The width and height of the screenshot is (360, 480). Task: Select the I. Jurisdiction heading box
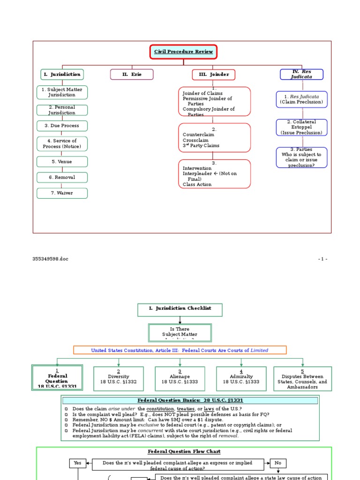62,74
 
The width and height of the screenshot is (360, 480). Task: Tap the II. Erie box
132,75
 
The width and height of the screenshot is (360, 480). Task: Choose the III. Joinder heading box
213,75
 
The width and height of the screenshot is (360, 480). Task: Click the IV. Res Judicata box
301,74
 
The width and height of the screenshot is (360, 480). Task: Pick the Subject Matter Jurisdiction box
62,92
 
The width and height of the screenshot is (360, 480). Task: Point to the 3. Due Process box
62,126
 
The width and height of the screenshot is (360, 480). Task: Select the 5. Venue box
62,162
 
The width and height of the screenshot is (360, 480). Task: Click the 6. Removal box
62,177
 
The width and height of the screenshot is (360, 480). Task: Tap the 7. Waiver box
62,193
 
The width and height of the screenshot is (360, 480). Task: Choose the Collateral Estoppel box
301,127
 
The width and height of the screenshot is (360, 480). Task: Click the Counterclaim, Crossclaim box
214,137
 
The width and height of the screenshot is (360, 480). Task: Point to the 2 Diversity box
119,379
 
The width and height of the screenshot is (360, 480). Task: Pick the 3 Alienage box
180,379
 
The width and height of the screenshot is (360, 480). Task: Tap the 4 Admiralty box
241,379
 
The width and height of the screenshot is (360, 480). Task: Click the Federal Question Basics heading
190,400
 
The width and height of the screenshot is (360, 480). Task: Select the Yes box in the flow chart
77,463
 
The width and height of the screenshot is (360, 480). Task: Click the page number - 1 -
322,259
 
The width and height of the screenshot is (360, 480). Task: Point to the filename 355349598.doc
47,259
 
